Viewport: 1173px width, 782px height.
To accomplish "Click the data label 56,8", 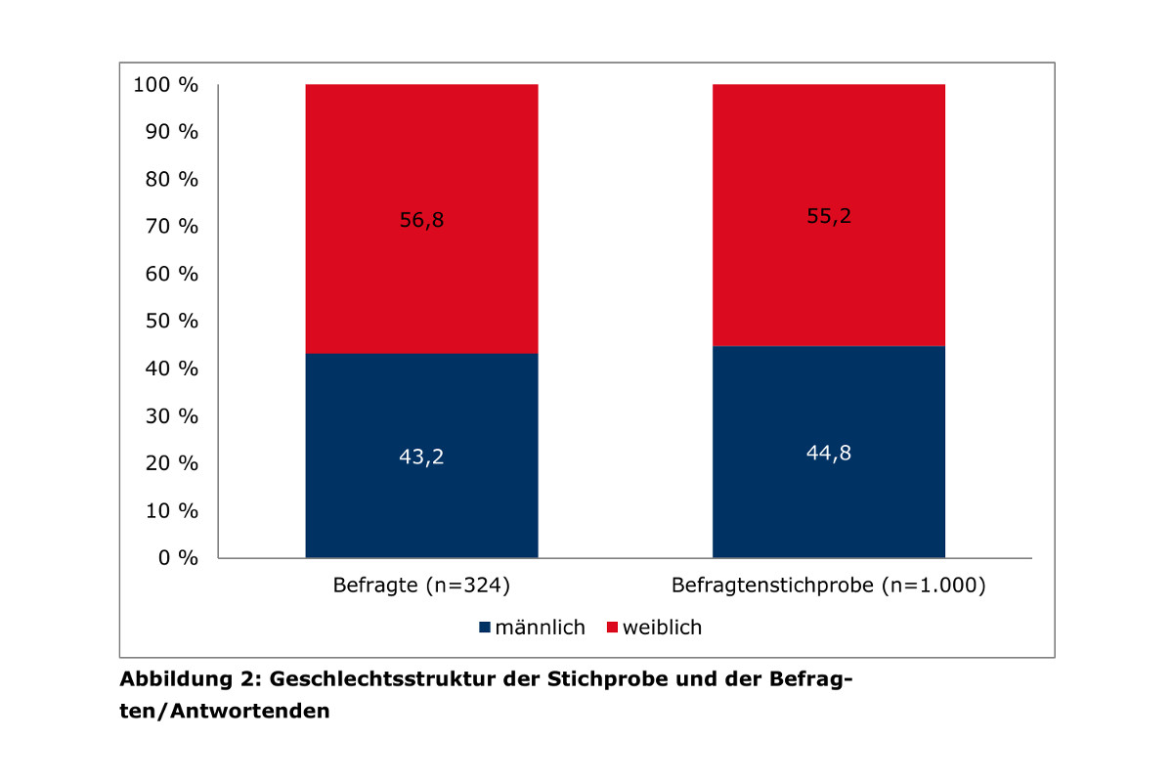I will [x=421, y=221].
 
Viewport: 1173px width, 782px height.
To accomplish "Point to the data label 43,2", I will [x=421, y=456].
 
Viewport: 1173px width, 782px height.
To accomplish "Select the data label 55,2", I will [x=828, y=216].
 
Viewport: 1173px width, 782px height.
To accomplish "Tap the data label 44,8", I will [x=828, y=453].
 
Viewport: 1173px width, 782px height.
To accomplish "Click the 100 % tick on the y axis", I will [x=165, y=85].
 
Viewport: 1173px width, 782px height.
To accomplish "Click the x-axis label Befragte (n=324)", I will [x=421, y=587].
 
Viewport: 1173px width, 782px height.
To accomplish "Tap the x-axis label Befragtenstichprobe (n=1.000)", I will [x=828, y=587].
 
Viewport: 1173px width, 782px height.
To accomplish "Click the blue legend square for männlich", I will [x=486, y=628].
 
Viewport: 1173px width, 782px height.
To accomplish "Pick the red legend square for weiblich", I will [x=613, y=628].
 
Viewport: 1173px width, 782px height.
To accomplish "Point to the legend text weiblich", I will [x=663, y=628].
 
